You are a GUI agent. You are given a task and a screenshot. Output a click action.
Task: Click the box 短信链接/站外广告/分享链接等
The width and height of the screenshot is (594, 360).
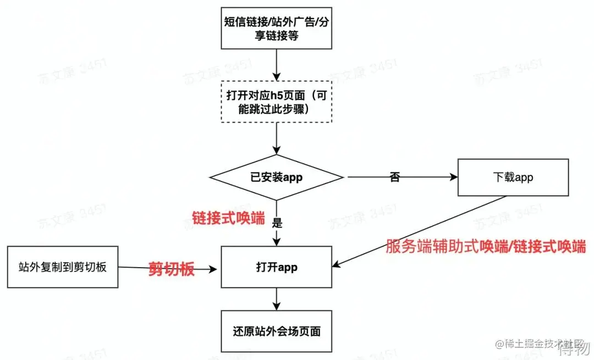277,29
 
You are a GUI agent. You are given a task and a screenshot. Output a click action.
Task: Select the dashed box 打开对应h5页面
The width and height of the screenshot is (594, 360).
277,102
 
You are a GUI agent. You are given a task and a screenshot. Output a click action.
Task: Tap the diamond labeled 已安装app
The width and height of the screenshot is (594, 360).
277,178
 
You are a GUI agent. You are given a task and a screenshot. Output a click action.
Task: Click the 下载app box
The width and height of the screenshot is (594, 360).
513,178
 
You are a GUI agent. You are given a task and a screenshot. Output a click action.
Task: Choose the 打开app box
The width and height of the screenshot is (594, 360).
277,267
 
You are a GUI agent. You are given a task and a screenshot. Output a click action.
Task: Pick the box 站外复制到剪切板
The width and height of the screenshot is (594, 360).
62,267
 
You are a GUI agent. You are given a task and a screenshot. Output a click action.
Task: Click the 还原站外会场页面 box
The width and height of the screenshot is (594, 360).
277,331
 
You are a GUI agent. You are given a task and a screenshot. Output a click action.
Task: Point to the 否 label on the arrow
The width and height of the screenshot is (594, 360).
394,178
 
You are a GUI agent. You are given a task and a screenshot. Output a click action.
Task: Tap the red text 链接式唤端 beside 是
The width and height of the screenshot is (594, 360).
228,218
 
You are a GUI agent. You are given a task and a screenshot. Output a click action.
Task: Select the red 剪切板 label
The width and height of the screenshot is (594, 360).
172,269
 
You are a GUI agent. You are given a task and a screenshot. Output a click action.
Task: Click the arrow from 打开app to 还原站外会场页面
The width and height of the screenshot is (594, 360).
277,299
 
